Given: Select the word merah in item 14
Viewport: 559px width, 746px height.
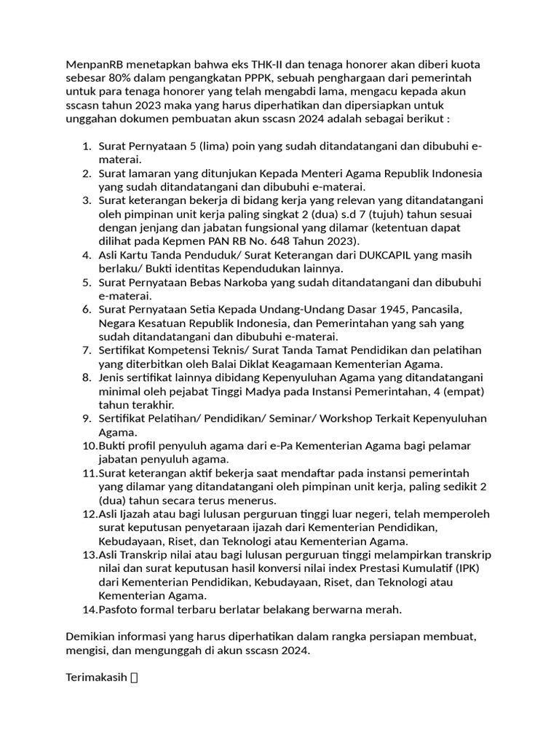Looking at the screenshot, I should pos(385,609).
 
